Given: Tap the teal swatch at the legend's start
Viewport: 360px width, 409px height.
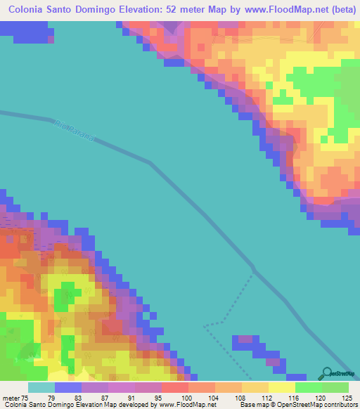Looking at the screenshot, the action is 41,387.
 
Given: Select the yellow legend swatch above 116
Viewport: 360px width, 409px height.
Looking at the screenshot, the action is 282,387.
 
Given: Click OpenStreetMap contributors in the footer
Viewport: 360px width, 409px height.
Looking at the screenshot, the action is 327,405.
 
